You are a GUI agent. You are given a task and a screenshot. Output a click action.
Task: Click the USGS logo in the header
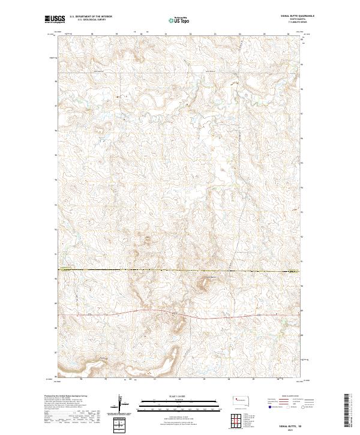click(55, 20)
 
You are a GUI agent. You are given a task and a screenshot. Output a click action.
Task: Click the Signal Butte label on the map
click(208, 277)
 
